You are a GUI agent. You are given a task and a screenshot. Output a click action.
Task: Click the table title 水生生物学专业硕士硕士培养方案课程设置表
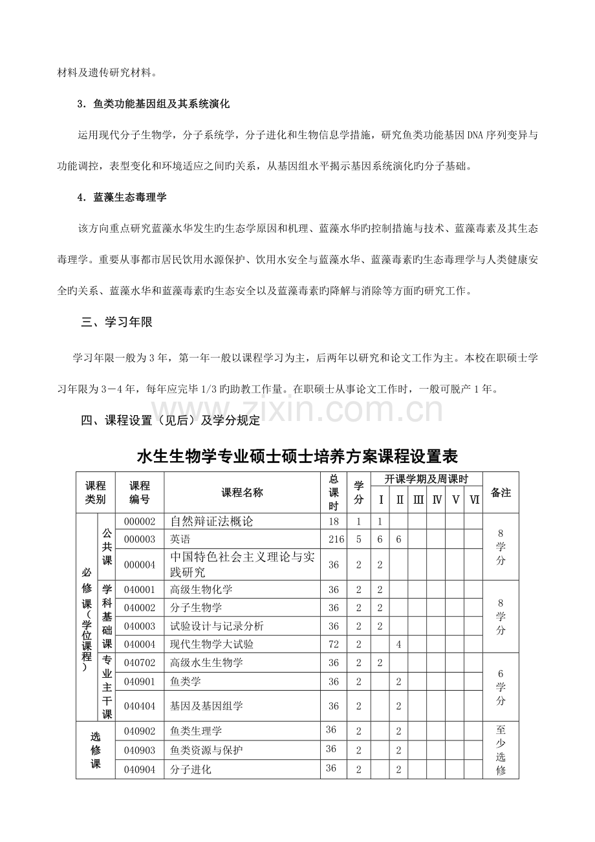[x=297, y=457]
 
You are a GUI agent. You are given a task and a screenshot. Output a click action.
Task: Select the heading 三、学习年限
[x=117, y=323]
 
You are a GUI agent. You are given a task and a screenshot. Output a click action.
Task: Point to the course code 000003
[x=139, y=539]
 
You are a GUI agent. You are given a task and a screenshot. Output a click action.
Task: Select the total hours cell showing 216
[x=334, y=539]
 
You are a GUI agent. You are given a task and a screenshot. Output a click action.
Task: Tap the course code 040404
[x=139, y=706]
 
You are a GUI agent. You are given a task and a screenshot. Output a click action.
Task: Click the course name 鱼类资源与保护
[x=206, y=750]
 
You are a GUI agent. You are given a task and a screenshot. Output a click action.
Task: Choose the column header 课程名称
[x=243, y=493]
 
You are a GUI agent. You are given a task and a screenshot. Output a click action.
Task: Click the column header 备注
[x=501, y=493]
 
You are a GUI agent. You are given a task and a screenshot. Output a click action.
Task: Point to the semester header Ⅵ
[x=473, y=500]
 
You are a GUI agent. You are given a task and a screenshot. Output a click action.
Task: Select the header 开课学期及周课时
[x=426, y=479]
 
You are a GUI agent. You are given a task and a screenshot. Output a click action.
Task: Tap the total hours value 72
[x=334, y=644]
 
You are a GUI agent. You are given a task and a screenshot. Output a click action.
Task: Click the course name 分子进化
[x=191, y=770]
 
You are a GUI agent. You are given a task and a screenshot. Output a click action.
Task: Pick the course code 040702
[x=139, y=663]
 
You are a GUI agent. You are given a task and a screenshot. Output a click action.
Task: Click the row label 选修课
[x=96, y=750]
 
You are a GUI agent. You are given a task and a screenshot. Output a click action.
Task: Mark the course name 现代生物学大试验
[x=211, y=644]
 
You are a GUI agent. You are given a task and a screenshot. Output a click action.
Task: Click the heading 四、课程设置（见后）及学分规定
[x=170, y=421]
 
